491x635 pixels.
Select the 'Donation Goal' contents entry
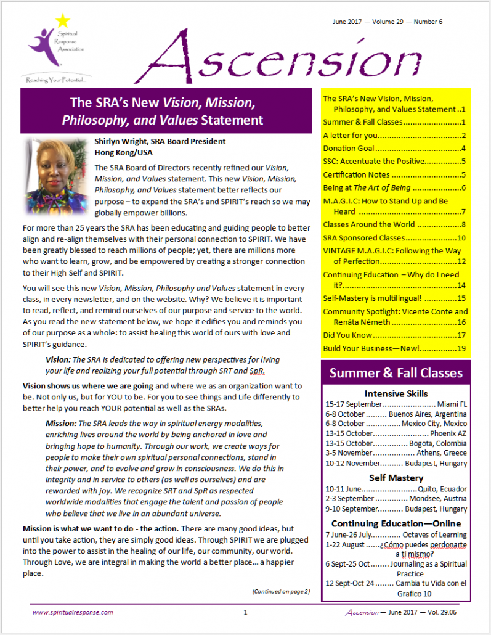(x=349, y=149)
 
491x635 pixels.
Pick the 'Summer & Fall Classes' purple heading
(x=396, y=373)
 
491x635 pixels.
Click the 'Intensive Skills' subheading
(x=396, y=393)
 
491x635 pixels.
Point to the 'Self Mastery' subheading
(x=396, y=478)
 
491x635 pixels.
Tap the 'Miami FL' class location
(x=452, y=404)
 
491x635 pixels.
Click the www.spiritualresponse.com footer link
(x=73, y=612)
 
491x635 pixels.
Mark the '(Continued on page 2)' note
(x=281, y=592)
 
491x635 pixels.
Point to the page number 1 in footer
(x=245, y=612)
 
